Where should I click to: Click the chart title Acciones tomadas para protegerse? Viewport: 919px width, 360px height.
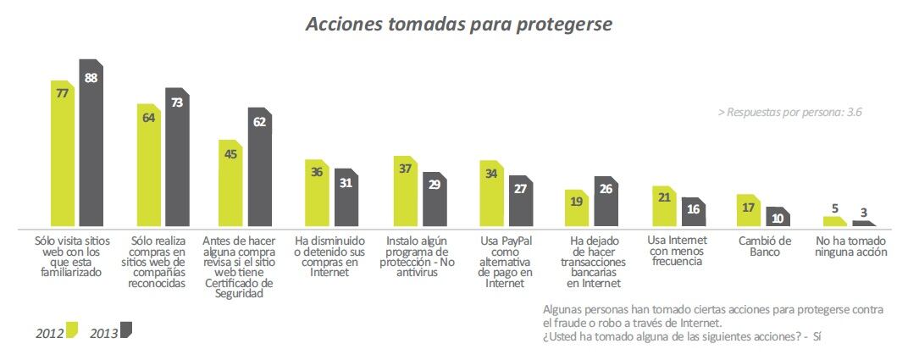tap(458, 25)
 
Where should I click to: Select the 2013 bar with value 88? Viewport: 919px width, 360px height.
tap(91, 144)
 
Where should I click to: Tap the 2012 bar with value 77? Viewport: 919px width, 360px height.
tap(63, 157)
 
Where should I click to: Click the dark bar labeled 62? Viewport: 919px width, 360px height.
tap(260, 169)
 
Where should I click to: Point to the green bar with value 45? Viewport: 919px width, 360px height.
tap(231, 184)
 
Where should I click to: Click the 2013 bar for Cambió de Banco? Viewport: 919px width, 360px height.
tap(778, 218)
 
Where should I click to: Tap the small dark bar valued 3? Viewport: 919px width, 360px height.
tap(863, 224)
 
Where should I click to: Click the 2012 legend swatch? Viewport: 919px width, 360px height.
tap(71, 330)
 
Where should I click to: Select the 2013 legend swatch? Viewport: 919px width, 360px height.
tap(126, 330)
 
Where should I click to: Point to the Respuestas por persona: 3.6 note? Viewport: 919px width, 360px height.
tap(789, 112)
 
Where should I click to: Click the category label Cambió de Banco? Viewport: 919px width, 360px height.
tap(764, 246)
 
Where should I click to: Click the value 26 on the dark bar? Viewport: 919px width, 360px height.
tap(606, 189)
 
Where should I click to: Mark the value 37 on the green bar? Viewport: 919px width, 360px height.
tap(406, 169)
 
